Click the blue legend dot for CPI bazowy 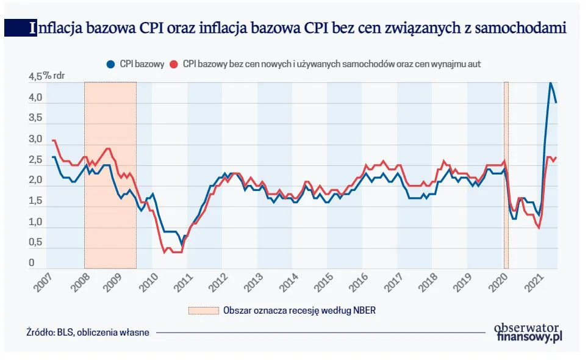click(x=111, y=64)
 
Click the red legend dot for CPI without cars click(x=174, y=64)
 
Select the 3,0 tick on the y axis click(x=35, y=139)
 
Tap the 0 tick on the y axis click(x=30, y=264)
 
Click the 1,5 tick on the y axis click(x=35, y=201)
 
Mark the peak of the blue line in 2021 click(x=550, y=82)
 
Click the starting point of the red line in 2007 click(x=53, y=140)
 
